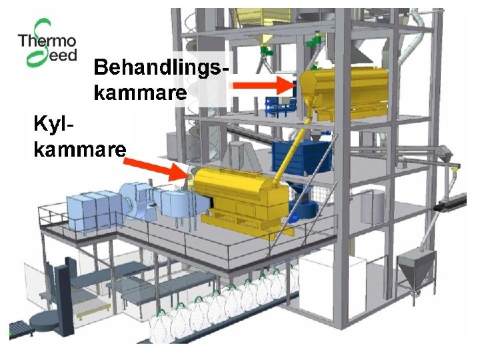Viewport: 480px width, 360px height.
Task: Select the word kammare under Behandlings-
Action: [x=140, y=93]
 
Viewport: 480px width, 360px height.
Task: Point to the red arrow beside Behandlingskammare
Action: [x=264, y=85]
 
